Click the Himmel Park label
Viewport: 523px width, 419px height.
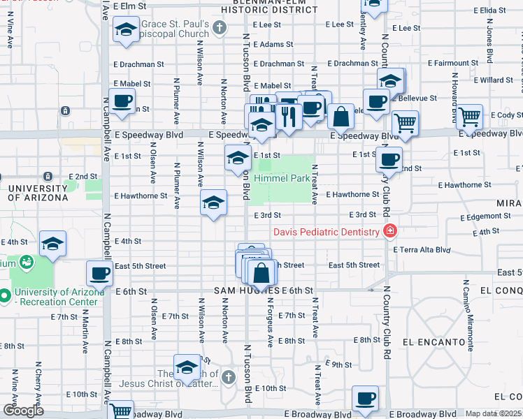coord(282,179)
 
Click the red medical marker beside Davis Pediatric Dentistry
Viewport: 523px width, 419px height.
coord(390,231)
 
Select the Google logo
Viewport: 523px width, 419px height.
coord(23,411)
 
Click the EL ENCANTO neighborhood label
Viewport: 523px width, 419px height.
coord(434,342)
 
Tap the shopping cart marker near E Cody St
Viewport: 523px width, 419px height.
coord(468,115)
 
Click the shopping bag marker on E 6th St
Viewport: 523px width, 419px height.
coord(261,272)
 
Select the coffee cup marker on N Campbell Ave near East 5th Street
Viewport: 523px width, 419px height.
coord(99,272)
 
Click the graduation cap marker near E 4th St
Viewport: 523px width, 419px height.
coord(52,244)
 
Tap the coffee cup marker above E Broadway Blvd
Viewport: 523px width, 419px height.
coord(365,398)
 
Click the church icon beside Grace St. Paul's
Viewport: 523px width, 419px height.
coord(220,29)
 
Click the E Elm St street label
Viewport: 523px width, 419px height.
coord(131,6)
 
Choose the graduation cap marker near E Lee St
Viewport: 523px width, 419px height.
coord(126,31)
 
